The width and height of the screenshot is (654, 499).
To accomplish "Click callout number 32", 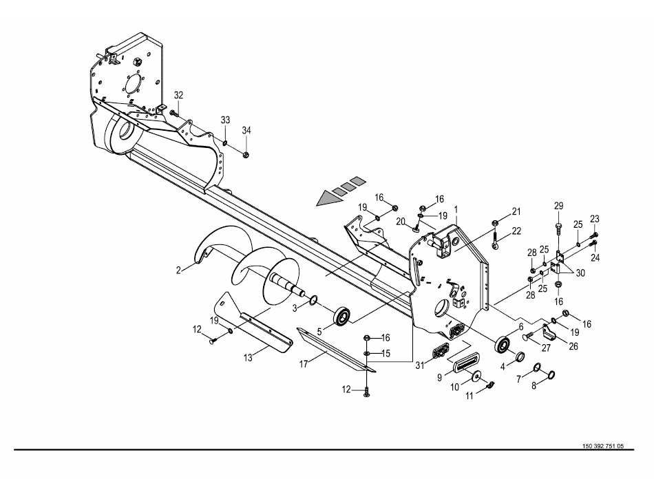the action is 178,95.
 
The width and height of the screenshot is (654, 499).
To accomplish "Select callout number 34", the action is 246,131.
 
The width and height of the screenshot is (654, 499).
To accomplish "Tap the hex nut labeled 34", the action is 246,155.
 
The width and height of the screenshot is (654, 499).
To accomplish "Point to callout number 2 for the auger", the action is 178,270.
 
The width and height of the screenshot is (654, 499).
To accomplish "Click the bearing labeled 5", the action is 341,315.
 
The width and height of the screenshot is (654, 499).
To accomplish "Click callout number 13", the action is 248,358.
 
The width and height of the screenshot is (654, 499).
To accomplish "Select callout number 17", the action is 304,364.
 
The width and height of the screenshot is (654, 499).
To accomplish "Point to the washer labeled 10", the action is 476,376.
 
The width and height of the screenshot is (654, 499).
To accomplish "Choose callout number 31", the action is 420,365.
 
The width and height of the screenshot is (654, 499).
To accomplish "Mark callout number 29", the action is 558,206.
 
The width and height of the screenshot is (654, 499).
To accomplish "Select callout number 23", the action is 594,218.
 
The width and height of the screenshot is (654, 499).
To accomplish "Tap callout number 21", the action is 516,212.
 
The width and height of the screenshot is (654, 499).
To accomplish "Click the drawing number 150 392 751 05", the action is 602,446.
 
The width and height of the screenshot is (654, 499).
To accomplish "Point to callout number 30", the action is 580,273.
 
